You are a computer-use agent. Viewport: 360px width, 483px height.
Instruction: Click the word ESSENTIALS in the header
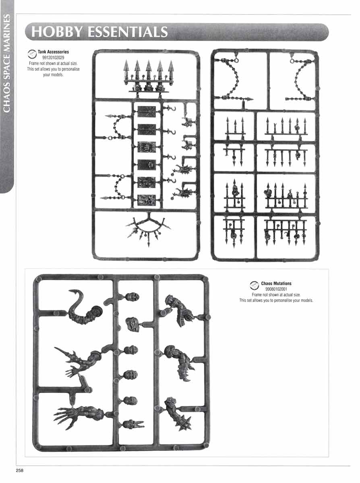coord(128,32)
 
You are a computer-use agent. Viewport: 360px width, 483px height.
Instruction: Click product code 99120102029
coord(53,58)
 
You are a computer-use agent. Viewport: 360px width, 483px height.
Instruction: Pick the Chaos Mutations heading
coord(276,284)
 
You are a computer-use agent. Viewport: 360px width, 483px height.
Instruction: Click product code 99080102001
coord(276,289)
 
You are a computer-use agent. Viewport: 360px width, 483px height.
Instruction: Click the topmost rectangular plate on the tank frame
coord(147,111)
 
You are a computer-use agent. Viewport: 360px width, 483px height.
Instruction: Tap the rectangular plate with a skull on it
coord(147,165)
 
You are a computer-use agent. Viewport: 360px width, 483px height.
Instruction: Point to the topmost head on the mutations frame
coord(132,297)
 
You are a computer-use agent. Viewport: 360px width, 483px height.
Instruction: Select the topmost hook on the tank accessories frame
coord(170,109)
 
